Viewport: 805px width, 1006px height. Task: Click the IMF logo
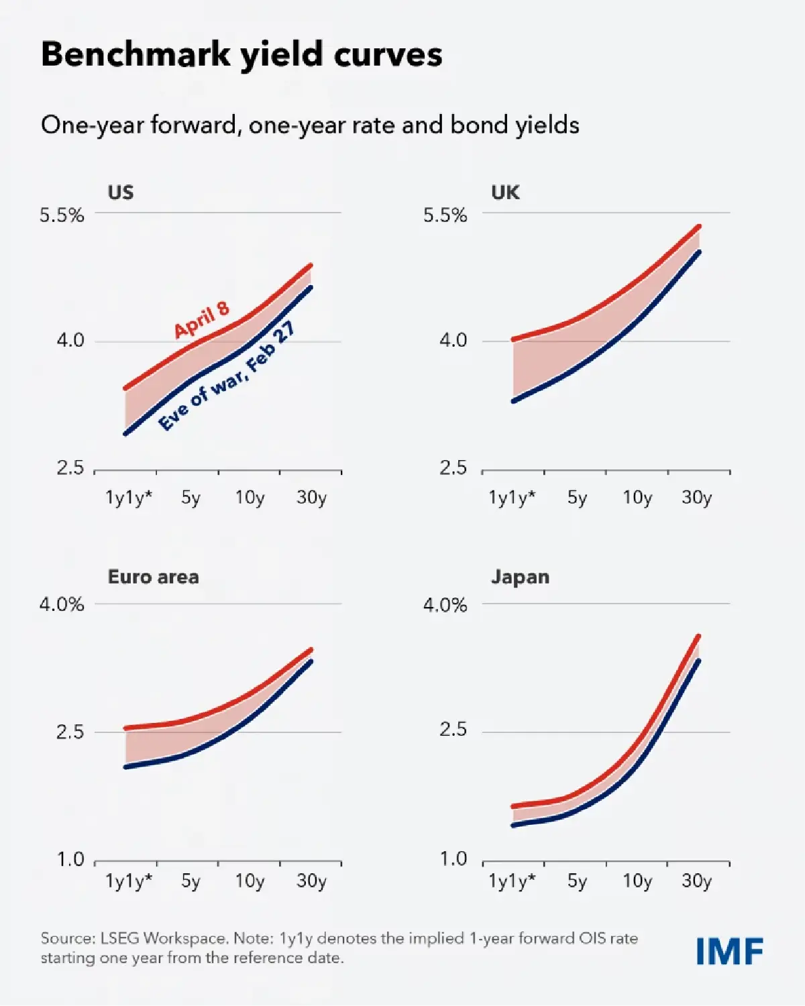pos(729,951)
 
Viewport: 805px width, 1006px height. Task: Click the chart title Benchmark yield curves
pos(241,54)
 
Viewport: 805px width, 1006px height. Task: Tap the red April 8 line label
pos(201,320)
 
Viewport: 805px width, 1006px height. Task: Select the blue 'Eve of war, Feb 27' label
pos(227,376)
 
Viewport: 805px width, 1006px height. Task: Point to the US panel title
pos(121,192)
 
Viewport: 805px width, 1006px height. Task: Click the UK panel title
pos(505,192)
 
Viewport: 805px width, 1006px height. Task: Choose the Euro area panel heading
pos(153,577)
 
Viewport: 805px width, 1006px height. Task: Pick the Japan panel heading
pos(520,577)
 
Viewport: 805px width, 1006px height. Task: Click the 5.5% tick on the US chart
pos(62,215)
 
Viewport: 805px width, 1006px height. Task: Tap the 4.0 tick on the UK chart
pos(453,341)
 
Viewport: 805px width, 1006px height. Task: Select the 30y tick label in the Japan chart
pos(696,881)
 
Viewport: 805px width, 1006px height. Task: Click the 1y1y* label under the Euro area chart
pos(129,881)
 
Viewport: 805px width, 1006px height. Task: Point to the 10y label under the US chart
pos(250,498)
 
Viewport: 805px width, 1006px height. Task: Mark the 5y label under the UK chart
pos(577,498)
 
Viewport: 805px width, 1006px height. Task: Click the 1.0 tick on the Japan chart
pos(453,859)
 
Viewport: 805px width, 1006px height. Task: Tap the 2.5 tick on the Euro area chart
pos(70,732)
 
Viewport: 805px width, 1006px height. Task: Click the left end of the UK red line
pos(514,339)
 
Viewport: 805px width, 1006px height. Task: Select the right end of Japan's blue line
pos(698,661)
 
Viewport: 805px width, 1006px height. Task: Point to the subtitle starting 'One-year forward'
pos(310,125)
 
